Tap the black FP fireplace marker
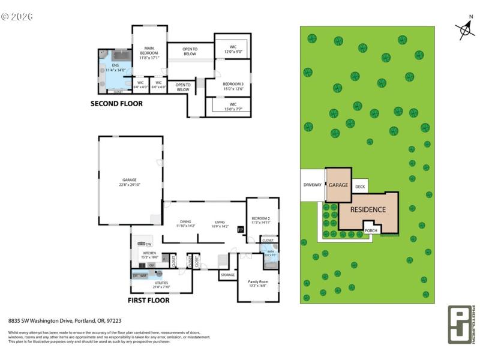(x=241, y=230)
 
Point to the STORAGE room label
(x=227, y=275)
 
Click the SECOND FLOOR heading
(x=116, y=103)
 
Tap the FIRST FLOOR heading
(x=149, y=300)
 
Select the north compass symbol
(x=464, y=29)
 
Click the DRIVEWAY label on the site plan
(x=313, y=185)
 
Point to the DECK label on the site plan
(x=360, y=187)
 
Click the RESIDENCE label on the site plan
(x=368, y=209)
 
